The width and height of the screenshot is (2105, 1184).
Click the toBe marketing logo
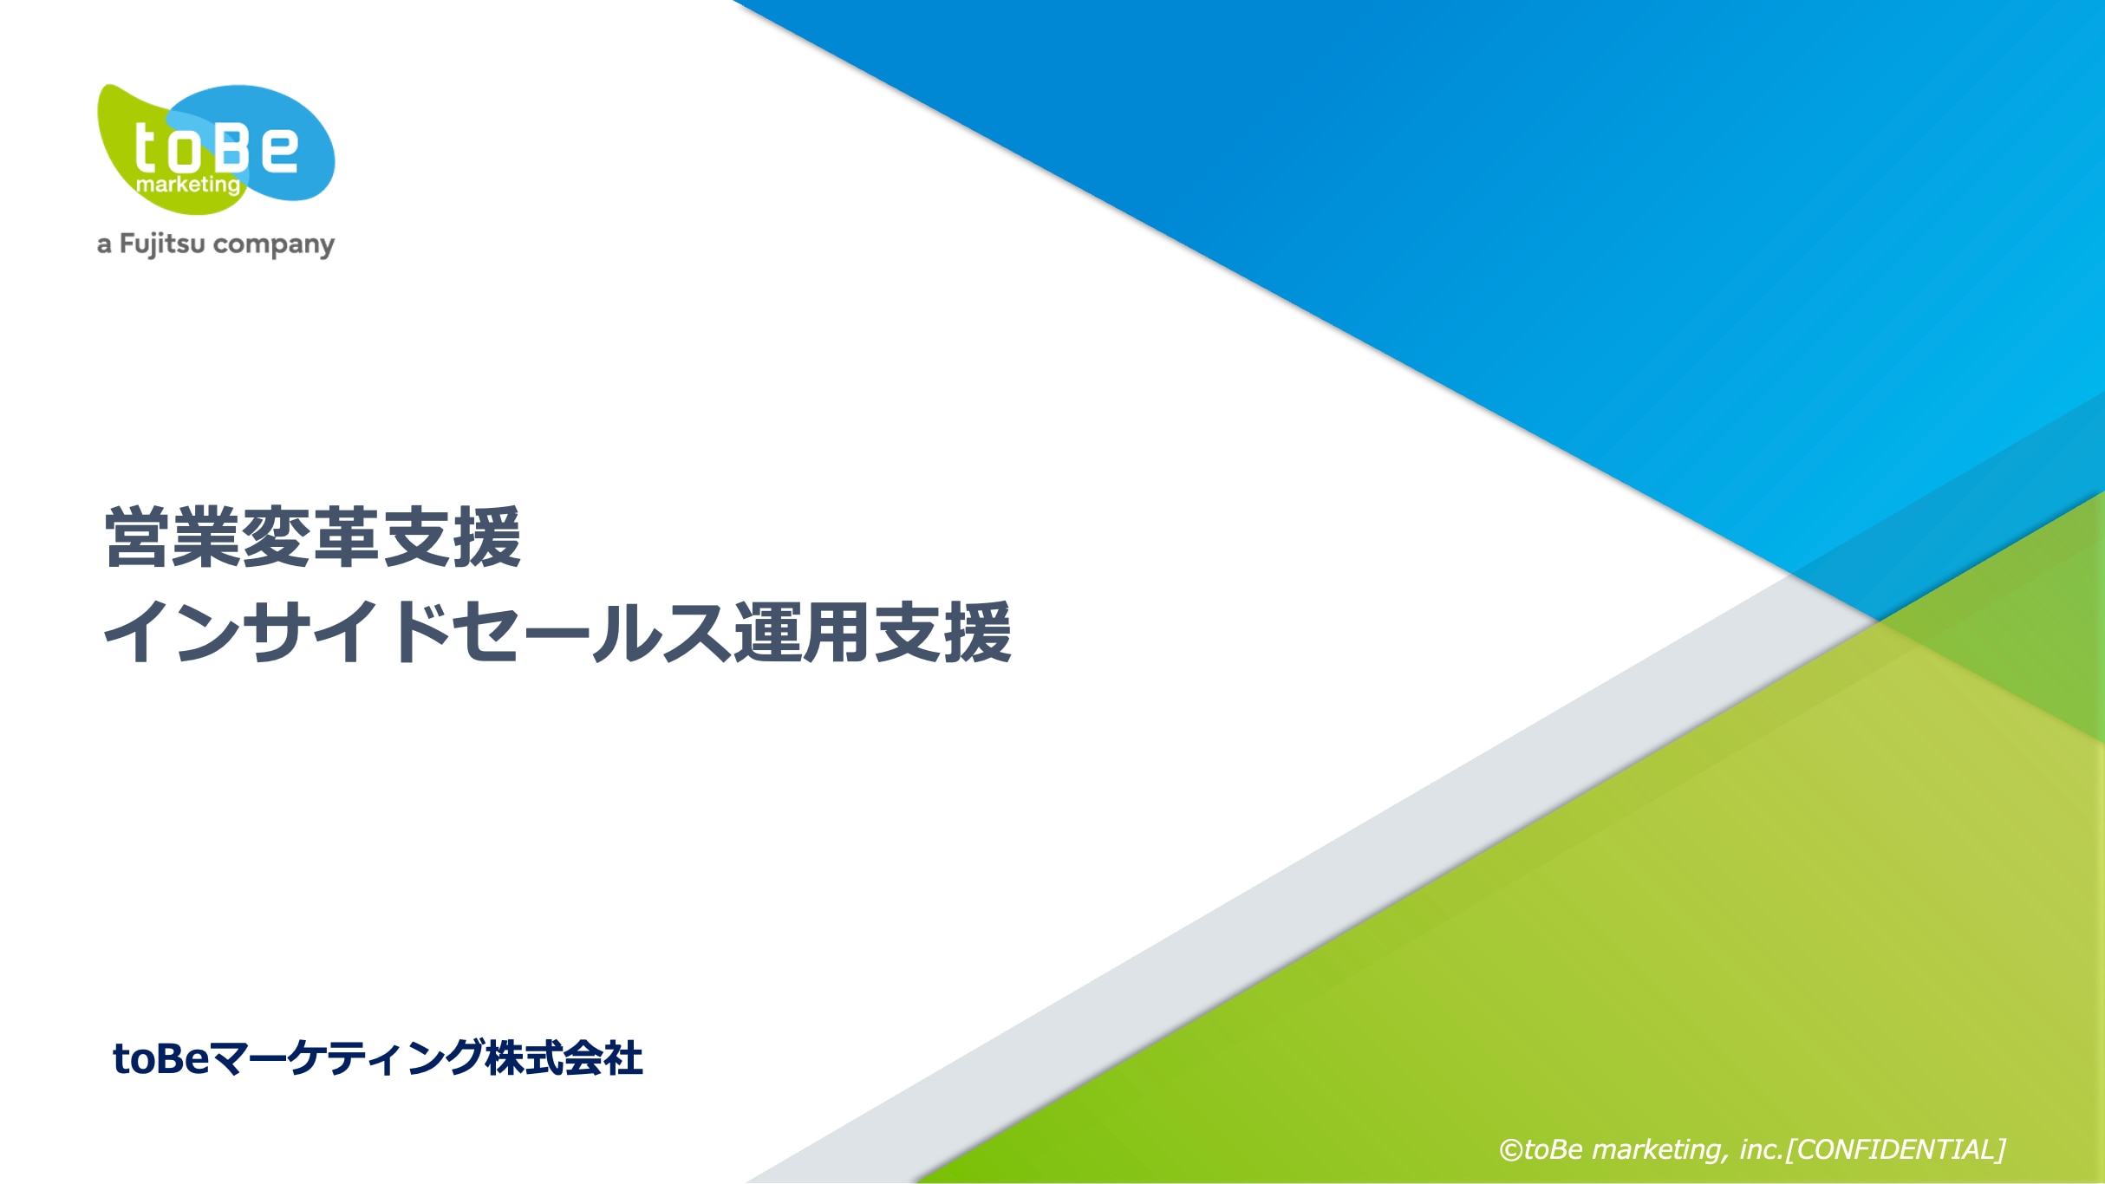216,148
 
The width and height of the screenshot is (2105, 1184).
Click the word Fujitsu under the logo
162,244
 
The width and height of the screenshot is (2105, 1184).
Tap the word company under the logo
274,245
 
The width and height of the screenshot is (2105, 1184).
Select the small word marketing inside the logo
188,185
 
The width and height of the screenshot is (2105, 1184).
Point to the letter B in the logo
233,146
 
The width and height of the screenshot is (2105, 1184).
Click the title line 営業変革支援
313,537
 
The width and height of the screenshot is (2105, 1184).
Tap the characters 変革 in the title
312,537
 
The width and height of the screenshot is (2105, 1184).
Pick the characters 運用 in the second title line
803,633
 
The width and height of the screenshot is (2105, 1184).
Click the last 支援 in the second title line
942,633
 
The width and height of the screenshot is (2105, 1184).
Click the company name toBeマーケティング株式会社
378,1058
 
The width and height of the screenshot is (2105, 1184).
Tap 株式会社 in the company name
564,1058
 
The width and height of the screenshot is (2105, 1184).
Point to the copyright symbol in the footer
1511,1150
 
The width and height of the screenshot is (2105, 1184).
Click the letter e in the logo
279,148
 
